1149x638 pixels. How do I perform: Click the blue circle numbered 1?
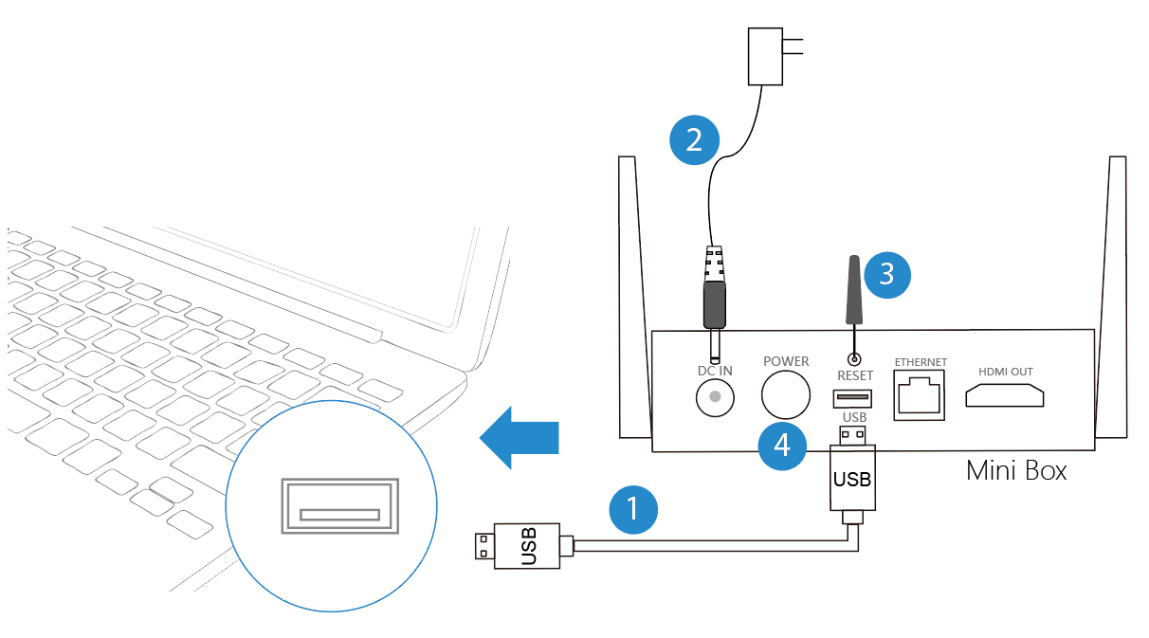[634, 510]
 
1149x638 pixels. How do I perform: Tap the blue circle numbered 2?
[694, 140]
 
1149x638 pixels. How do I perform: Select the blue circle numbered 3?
[886, 273]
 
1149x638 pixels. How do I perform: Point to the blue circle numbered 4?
[782, 445]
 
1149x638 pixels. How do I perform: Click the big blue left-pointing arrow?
[520, 437]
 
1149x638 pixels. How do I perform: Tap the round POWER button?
[786, 394]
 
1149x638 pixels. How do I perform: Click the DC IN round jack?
[716, 396]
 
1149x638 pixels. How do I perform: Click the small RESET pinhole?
[854, 359]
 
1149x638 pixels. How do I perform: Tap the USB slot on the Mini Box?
[853, 397]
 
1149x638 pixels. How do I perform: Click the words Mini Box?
[1015, 469]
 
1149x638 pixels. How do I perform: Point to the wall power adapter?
[766, 56]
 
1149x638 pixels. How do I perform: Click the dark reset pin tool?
[852, 289]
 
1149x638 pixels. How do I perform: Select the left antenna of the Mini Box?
[633, 294]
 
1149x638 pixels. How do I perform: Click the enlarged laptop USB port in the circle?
[338, 505]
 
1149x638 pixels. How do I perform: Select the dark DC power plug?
[714, 301]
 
